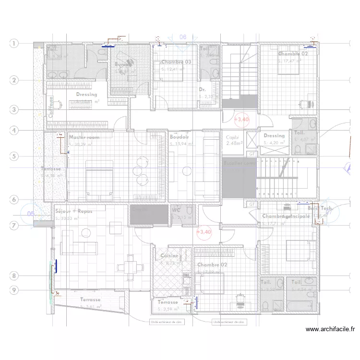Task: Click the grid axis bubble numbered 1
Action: (14, 44)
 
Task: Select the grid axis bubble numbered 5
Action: (14, 156)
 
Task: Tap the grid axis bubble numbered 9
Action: (14, 290)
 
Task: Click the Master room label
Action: (84, 137)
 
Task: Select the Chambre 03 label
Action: (176, 62)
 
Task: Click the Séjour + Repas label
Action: (73, 211)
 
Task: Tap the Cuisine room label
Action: (169, 256)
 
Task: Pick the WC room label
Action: (176, 210)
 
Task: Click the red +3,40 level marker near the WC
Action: (204, 232)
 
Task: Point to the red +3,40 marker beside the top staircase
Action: (241, 119)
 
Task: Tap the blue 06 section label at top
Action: (183, 37)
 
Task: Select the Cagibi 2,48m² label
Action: (234, 140)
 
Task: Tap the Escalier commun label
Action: (240, 163)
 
